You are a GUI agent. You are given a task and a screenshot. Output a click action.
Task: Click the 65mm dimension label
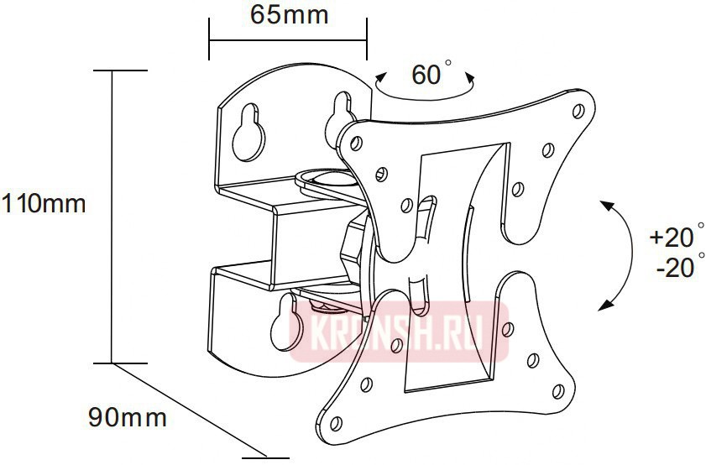(289, 15)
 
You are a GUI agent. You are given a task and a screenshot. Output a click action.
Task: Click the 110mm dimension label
(43, 202)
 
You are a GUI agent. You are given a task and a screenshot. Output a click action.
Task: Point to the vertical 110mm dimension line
(113, 218)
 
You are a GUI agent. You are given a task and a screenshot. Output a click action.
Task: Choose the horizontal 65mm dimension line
(288, 39)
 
